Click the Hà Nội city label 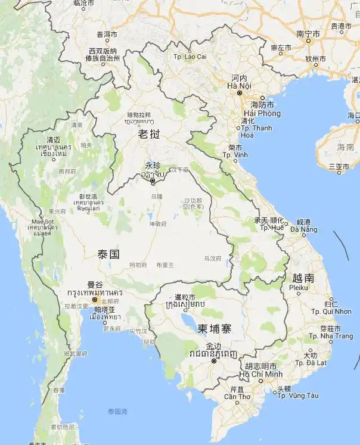pos(239,86)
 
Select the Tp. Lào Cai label pos(190,57)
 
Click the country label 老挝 pos(150,135)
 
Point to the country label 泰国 pos(108,254)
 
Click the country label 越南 pos(303,278)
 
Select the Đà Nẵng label pos(303,229)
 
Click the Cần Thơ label pos(237,396)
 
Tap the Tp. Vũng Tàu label pos(298,396)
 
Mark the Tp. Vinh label pos(235,155)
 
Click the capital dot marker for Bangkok pos(94,300)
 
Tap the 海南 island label pos(345,147)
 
